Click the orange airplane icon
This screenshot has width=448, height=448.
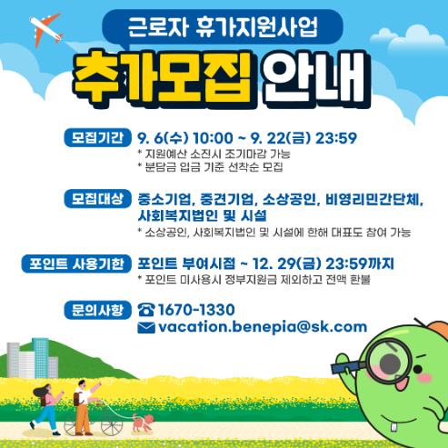coord(46,31)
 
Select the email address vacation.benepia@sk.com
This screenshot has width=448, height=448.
coord(262,327)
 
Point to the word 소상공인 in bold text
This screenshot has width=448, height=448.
coord(289,199)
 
